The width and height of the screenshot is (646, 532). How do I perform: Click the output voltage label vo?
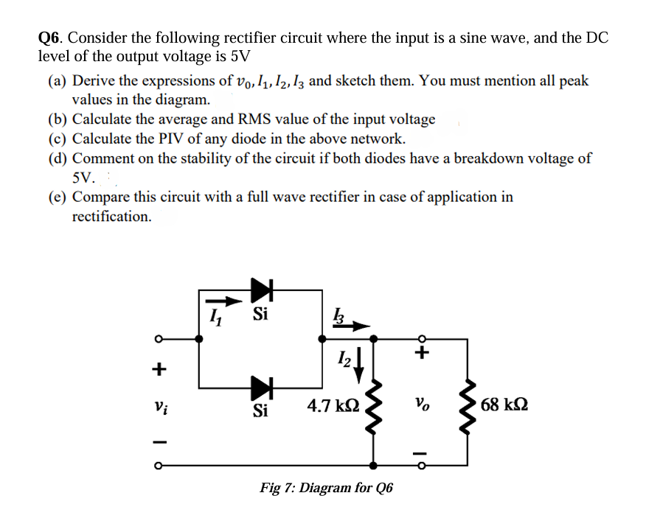[x=422, y=405]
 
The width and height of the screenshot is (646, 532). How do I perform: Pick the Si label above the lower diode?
[x=260, y=411]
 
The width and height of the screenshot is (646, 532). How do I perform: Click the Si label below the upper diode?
[x=260, y=315]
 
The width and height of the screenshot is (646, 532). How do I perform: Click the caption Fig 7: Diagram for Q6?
[x=327, y=488]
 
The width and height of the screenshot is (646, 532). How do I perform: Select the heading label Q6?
[x=51, y=38]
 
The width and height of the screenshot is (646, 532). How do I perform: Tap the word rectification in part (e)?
[x=112, y=217]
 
